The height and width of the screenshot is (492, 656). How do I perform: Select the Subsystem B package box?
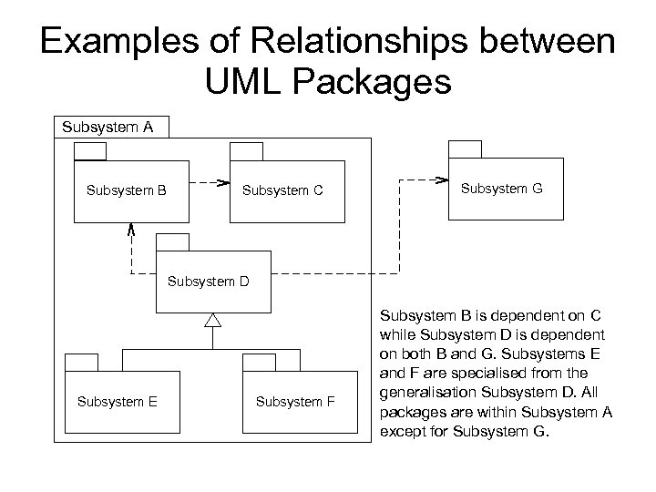coord(132,191)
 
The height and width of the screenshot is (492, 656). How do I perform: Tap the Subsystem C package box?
coord(287,191)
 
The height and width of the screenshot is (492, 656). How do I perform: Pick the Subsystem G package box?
coord(506,188)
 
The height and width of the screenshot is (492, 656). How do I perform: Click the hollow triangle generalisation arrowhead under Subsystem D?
coord(212,320)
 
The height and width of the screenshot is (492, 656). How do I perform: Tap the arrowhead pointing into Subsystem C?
coord(220,182)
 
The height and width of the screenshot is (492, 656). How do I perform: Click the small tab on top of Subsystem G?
coord(464,149)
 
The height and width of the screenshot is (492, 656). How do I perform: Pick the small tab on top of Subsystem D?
coord(172,241)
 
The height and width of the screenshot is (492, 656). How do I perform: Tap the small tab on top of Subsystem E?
coord(83,363)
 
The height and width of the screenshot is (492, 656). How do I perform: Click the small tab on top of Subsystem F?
coord(260,363)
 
